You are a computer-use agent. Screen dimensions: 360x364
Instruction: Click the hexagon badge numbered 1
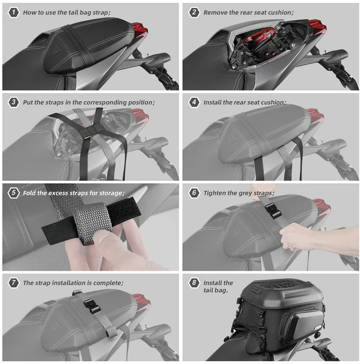(x=14, y=12)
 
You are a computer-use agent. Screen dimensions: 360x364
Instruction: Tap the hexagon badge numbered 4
(x=194, y=102)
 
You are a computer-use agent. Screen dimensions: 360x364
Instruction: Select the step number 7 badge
(x=14, y=283)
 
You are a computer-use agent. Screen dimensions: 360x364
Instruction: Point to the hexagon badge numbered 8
(x=194, y=283)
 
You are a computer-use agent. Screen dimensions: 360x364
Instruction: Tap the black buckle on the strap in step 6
(x=272, y=211)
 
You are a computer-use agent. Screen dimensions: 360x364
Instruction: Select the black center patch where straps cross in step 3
(x=88, y=133)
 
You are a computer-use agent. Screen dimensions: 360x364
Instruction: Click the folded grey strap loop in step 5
(x=92, y=223)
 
